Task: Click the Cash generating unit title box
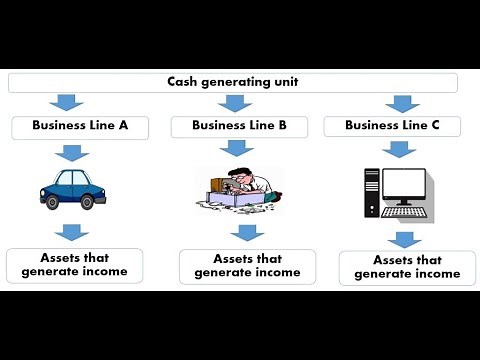click(231, 83)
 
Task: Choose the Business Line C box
click(391, 127)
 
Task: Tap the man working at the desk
click(244, 182)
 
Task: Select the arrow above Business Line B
click(232, 103)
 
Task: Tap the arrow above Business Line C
click(402, 103)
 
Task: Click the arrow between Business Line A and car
click(71, 152)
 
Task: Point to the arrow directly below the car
click(71, 233)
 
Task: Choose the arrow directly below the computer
click(402, 239)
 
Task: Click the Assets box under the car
click(74, 265)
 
